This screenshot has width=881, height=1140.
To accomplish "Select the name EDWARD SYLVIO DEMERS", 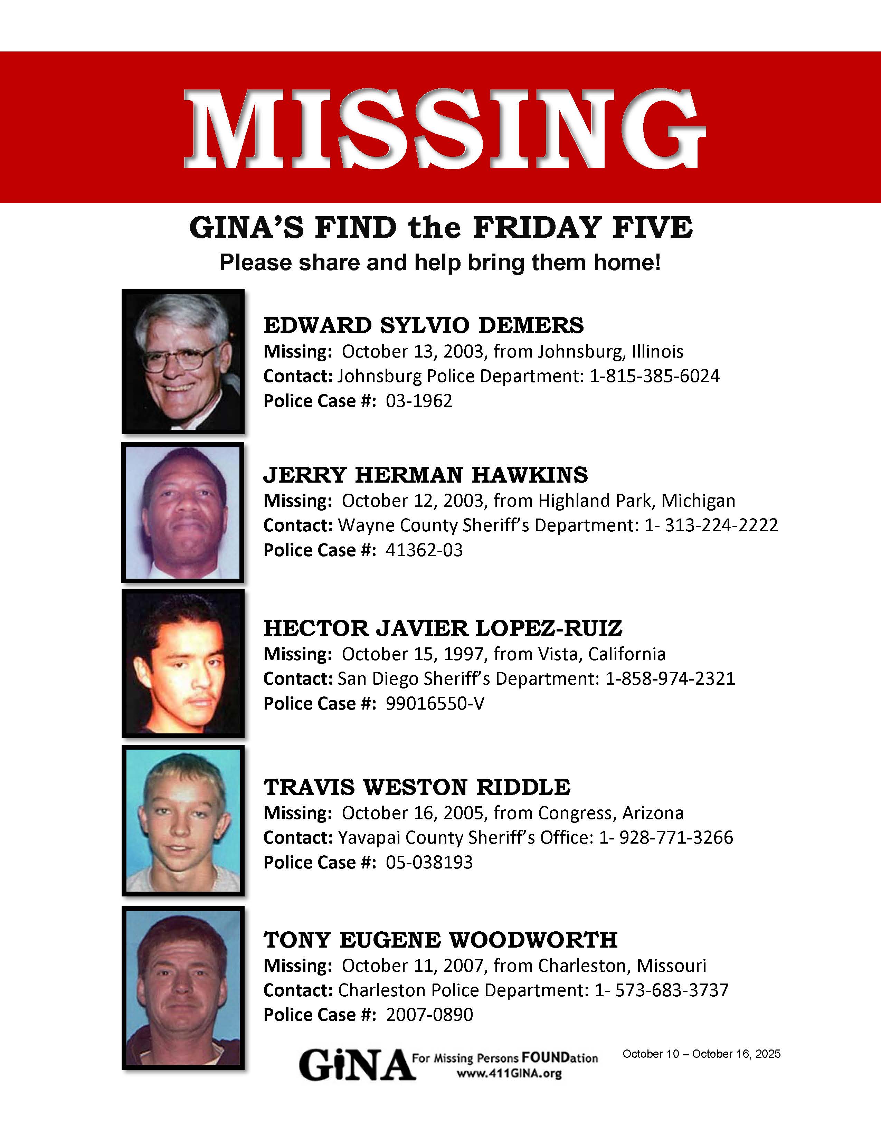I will pos(423,325).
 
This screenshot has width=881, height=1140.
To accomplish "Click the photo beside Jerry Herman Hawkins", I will pos(183,513).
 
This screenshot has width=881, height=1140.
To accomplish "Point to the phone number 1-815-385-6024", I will pos(654,376).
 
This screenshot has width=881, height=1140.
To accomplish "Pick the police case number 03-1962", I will pos(419,401).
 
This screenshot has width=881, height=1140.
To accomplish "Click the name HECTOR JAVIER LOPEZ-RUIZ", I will pos(443,628).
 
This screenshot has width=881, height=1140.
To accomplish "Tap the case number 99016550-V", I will pos(435,704).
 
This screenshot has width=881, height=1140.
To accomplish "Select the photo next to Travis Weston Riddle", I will pos(183,820).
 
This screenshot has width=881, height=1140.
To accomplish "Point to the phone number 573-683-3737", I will pos(671,990).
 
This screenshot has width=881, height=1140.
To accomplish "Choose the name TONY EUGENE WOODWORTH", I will pos(440,940).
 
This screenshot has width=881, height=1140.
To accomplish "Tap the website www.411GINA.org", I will pos(509,1074).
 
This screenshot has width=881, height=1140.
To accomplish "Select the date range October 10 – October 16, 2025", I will pos(701,1054).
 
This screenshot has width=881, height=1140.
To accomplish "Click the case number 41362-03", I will pos(424,550).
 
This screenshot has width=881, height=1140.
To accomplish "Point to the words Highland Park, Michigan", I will pos(636,501).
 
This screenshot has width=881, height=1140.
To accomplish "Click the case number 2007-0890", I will pos(429,1015).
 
